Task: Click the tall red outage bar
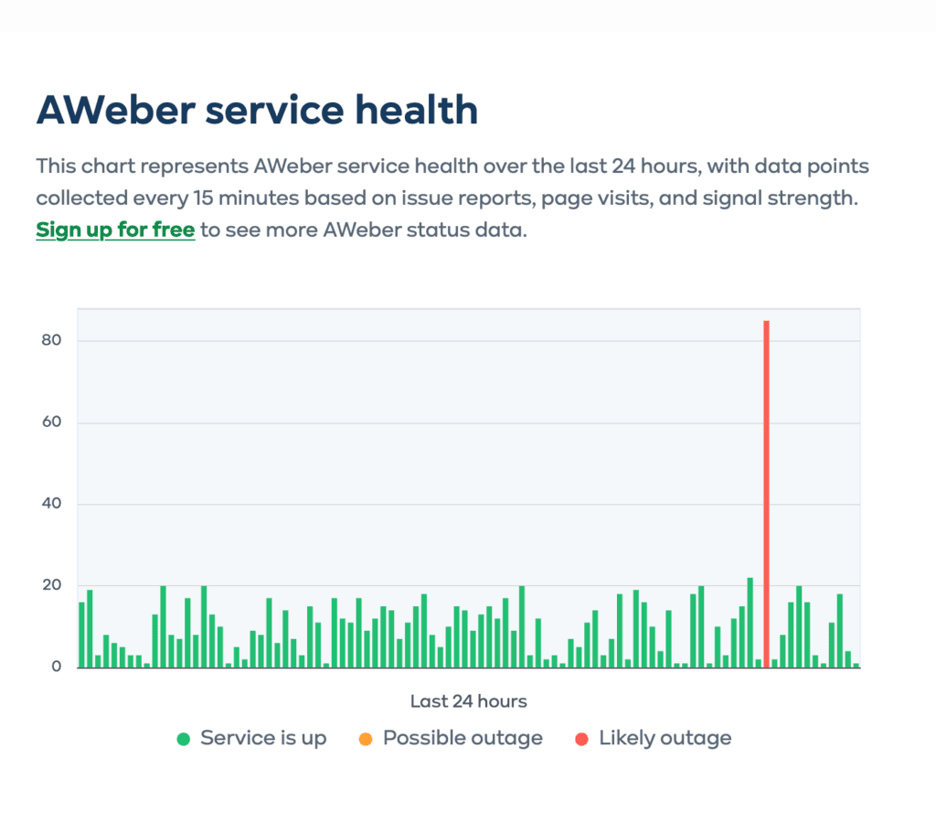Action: click(766, 494)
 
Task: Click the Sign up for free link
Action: click(115, 230)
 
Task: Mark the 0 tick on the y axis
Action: click(57, 667)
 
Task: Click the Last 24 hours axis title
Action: click(468, 701)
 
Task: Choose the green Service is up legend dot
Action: click(184, 739)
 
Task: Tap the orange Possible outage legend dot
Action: click(366, 739)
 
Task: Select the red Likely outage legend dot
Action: click(582, 739)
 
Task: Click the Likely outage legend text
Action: click(665, 738)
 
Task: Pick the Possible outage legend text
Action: click(463, 738)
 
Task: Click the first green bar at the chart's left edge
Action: click(81, 635)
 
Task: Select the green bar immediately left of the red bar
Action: click(758, 663)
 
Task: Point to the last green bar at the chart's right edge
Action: click(856, 665)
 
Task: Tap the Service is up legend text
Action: click(263, 738)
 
